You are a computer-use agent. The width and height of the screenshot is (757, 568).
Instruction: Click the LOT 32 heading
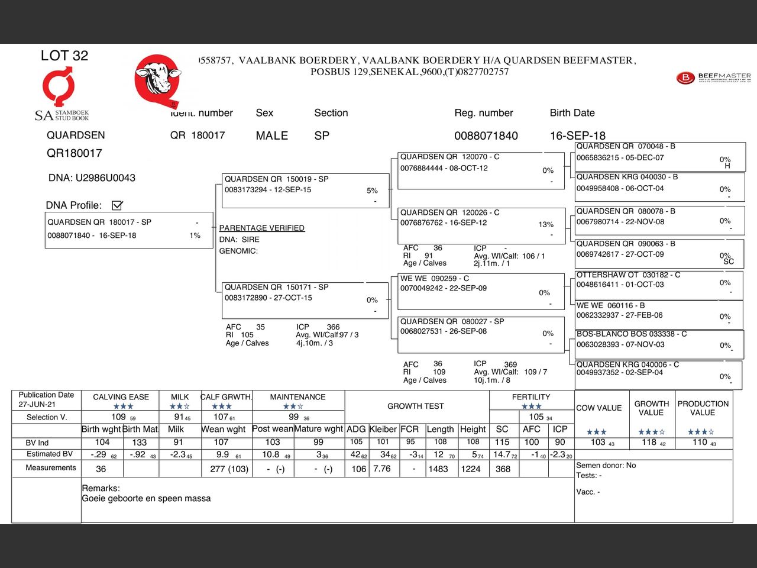(64, 56)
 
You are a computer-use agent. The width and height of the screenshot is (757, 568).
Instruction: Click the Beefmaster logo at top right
(713, 78)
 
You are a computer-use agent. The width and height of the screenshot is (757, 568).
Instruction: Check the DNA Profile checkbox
(117, 205)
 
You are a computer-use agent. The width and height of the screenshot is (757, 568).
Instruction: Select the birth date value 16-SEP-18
(577, 135)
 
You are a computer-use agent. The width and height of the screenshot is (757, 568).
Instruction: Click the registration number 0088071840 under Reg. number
(486, 135)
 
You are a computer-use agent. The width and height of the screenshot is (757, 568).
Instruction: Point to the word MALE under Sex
(271, 135)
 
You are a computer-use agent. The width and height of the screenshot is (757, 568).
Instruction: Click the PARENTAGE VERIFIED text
(261, 228)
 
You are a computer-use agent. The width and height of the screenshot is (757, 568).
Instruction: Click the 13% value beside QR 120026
(546, 225)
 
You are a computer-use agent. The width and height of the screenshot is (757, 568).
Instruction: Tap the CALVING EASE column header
(121, 397)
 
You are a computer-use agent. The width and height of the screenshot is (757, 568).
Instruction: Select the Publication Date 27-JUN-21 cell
(46, 399)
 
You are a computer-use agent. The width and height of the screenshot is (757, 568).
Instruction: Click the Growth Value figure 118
(649, 442)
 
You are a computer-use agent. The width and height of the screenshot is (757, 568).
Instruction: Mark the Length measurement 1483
(438, 469)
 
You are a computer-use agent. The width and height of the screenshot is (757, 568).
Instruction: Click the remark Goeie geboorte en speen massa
(146, 498)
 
